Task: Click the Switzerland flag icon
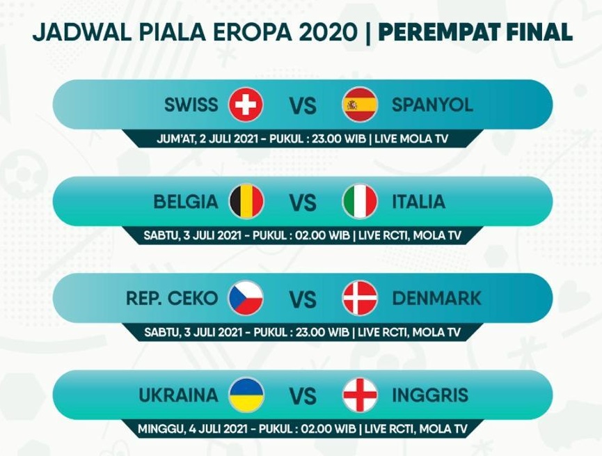coord(246,104)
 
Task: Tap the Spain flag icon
coord(360,104)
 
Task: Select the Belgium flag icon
coord(246,201)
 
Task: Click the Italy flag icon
coord(360,201)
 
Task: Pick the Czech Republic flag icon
coord(246,298)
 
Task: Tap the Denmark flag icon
coord(360,298)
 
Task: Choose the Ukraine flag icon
coord(246,395)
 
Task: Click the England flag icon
coord(360,395)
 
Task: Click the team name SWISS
coord(191,105)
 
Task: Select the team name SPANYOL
coord(432,105)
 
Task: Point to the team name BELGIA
coord(185,202)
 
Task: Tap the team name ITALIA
coord(418,202)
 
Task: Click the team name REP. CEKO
coord(172,299)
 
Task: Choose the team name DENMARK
coord(436,299)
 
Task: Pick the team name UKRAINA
coord(179,395)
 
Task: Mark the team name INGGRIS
coord(430,395)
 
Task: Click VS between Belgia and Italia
coord(303,203)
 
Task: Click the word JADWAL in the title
coord(82,33)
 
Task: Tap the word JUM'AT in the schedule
coord(176,139)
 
